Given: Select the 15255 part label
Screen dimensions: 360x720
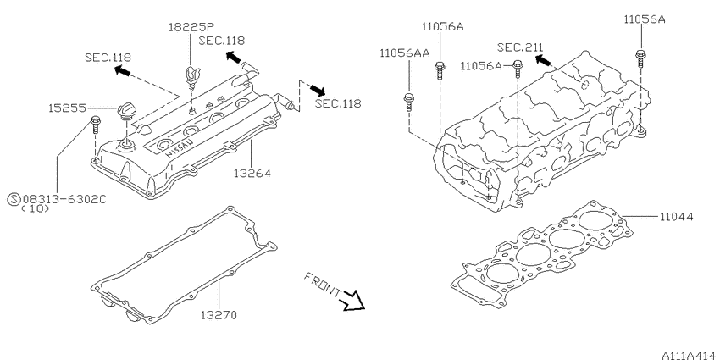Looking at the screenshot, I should [67, 109].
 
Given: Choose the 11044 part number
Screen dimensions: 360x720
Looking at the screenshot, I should [675, 217].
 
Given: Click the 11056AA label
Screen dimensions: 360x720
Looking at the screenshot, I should [404, 53].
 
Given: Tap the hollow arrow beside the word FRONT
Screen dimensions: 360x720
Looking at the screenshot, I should [352, 298].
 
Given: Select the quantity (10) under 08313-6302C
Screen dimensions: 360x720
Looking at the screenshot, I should [35, 208].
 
